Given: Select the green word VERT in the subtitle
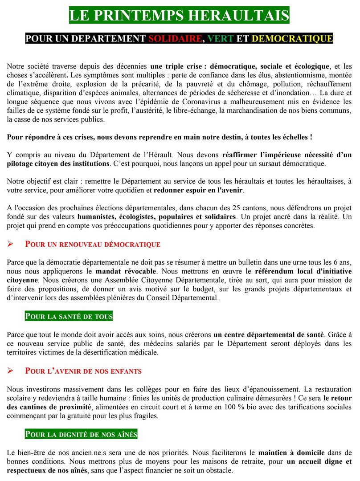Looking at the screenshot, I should [221, 39].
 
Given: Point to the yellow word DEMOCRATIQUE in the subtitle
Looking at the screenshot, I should [292, 39].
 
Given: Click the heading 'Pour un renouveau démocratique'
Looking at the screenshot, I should [93, 245].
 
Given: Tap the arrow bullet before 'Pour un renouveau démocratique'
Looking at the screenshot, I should [12, 245].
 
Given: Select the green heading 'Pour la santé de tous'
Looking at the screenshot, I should [69, 317].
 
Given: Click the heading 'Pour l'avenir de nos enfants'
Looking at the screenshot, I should [83, 371].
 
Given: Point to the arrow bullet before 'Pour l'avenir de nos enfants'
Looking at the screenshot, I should [12, 371].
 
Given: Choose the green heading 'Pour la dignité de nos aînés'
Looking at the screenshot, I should [81, 434].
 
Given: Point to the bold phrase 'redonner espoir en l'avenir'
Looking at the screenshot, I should [199, 191].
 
